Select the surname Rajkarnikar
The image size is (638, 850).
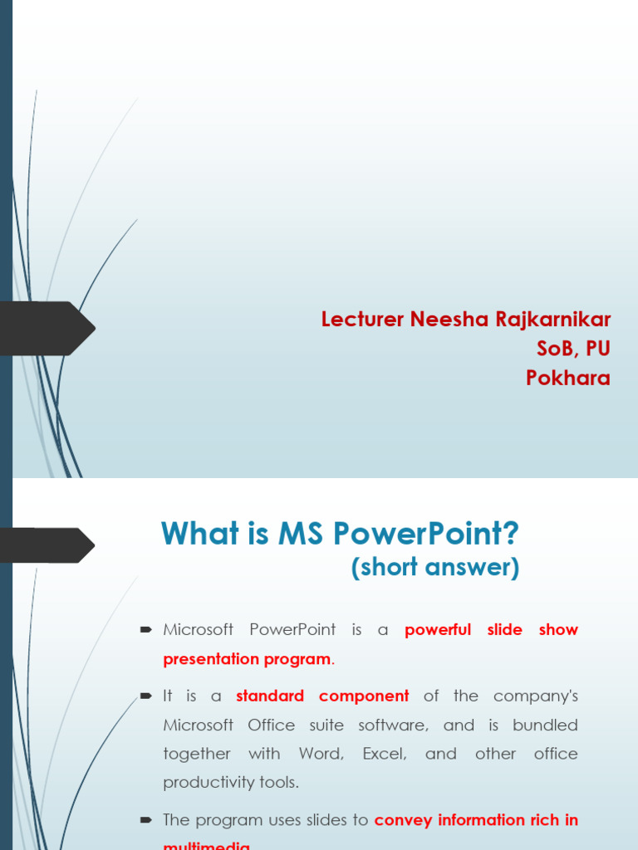[554, 320]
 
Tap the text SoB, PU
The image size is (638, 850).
[573, 349]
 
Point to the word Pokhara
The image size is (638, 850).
[568, 378]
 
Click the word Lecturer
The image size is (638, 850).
[362, 320]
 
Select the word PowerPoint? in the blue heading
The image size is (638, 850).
[426, 534]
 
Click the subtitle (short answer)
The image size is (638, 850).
[434, 568]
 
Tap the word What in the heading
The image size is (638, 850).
[196, 534]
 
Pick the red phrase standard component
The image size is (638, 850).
[322, 696]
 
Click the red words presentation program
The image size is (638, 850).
[247, 659]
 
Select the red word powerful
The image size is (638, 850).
[438, 630]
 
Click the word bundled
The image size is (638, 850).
[545, 725]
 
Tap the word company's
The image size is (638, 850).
[535, 696]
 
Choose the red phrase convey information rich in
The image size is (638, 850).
[476, 820]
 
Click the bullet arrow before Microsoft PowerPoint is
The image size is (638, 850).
[146, 630]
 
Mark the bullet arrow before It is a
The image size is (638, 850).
[146, 696]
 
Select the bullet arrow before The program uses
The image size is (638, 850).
[146, 820]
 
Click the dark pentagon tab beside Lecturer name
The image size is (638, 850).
[46, 329]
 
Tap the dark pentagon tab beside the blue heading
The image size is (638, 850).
[46, 545]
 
